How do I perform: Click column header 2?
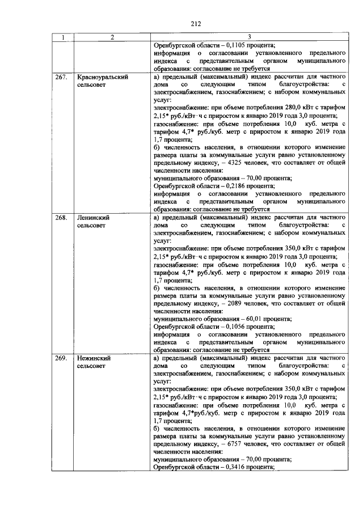coord(112,37)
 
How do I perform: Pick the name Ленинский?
coord(93,218)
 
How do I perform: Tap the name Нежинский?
coord(94,358)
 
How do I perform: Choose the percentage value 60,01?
coord(247,319)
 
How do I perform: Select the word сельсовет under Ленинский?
coord(92,226)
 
